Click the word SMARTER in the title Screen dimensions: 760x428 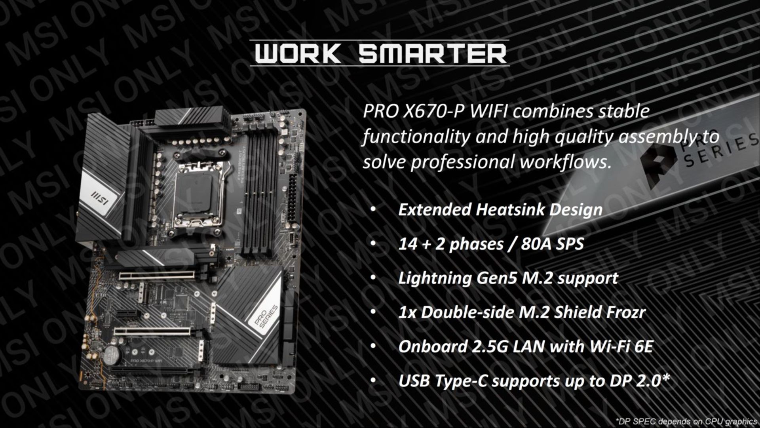pos(433,53)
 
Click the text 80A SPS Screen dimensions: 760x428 pos(552,244)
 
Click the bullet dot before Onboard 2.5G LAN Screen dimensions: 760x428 pos(373,347)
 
